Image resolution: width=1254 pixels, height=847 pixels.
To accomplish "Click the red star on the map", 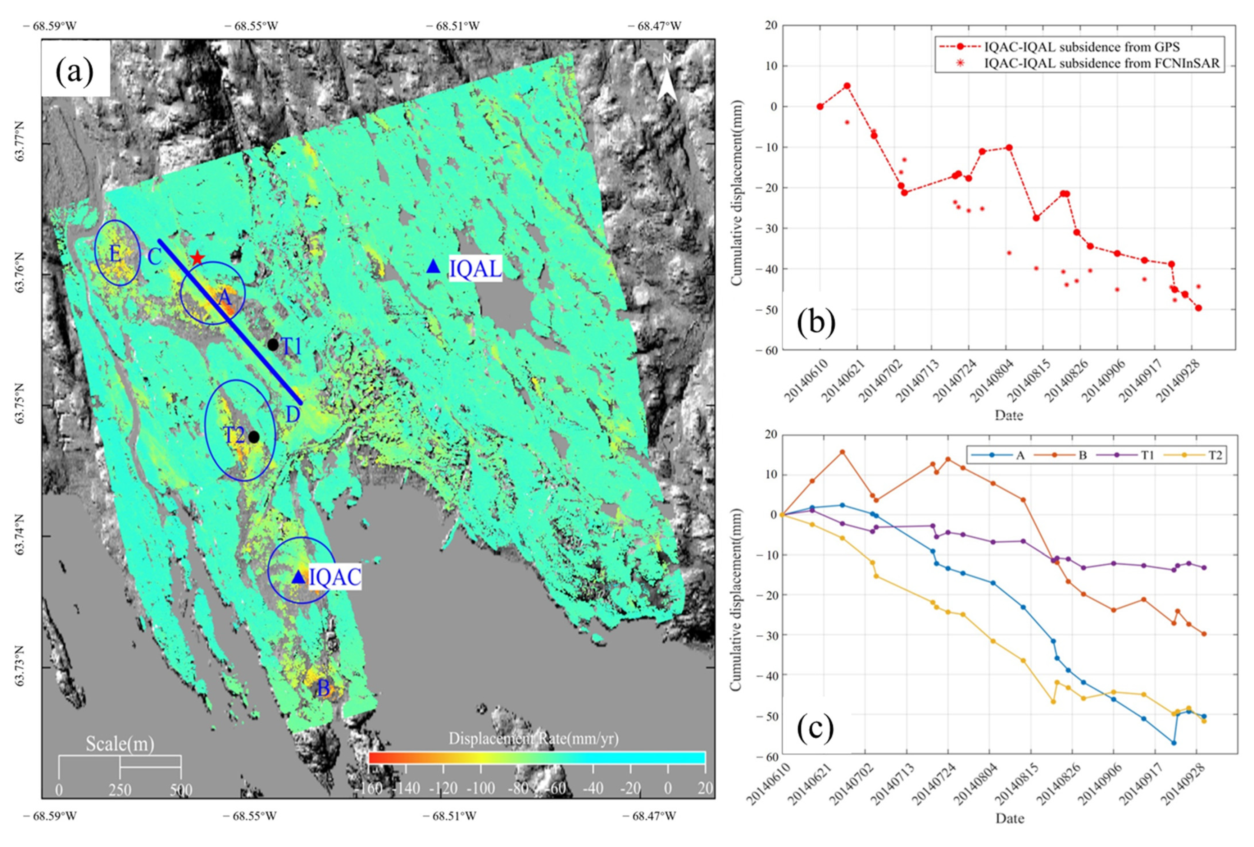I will [197, 258].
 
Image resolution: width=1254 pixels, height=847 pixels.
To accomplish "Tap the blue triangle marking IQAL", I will [433, 267].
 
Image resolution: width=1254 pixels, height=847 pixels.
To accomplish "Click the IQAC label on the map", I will [335, 577].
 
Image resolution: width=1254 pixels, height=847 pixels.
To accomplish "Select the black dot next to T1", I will [273, 344].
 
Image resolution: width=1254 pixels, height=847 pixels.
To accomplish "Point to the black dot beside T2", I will [254, 437].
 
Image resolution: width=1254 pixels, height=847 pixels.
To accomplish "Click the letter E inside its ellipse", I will [115, 254].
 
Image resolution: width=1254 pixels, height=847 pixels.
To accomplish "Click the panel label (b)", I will [816, 322].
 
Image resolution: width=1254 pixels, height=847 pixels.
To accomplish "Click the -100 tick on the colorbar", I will [480, 788].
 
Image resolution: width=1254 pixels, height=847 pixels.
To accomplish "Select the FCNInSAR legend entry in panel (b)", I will [1101, 63].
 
